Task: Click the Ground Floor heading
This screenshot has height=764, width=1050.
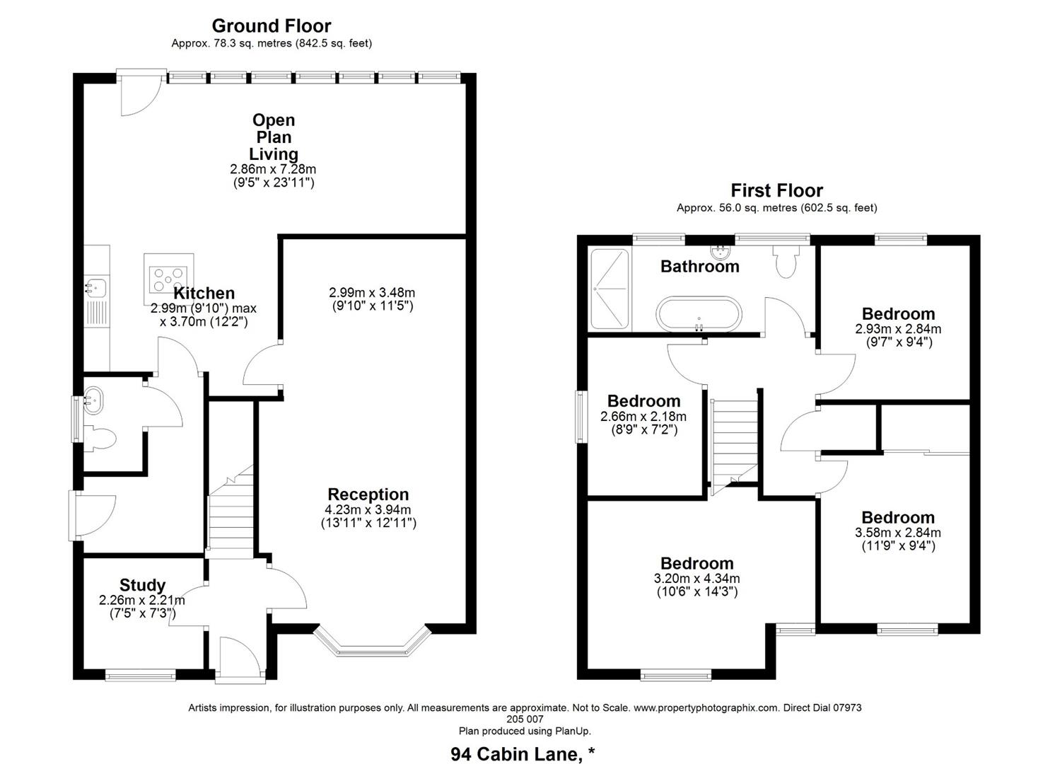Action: click(x=272, y=26)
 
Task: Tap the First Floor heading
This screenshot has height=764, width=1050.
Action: click(x=776, y=190)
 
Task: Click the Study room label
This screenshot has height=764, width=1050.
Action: click(x=142, y=585)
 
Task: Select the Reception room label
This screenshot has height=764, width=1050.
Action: click(x=368, y=494)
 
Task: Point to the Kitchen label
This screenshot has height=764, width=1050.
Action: click(x=204, y=293)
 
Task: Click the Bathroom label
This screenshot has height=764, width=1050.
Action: click(x=699, y=267)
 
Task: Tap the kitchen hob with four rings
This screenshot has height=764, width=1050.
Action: click(x=168, y=274)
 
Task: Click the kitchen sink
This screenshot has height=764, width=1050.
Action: click(x=95, y=287)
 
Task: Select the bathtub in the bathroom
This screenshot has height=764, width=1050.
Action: click(x=699, y=314)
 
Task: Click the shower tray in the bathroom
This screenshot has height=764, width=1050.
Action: click(x=609, y=289)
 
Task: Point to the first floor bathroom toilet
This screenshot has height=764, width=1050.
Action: click(x=785, y=260)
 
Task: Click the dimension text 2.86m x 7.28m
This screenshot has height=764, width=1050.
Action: click(x=273, y=170)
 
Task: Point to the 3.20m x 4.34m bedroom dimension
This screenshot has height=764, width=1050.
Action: click(x=696, y=579)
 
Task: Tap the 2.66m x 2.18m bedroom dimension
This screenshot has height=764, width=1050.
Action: click(x=643, y=417)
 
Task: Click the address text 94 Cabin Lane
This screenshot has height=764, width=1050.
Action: click(x=515, y=754)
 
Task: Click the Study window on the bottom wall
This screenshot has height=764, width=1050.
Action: click(x=140, y=676)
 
